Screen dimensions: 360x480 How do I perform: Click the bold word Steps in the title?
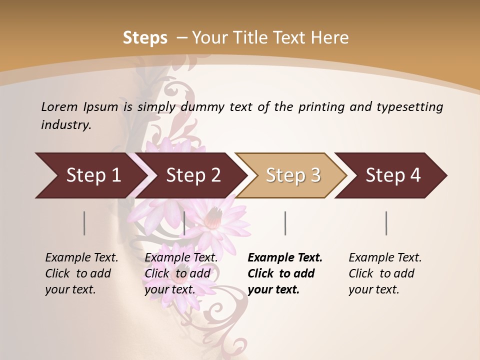(145, 38)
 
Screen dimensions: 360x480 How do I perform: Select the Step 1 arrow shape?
(90, 175)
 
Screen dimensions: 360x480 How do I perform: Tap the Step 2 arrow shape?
(192, 175)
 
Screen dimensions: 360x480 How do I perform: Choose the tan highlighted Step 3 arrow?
(292, 175)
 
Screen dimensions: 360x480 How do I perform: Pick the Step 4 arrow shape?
(392, 175)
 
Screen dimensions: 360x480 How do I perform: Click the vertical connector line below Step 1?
(84, 223)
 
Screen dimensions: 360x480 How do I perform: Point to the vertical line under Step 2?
(184, 223)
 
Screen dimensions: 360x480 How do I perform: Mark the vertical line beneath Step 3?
(285, 223)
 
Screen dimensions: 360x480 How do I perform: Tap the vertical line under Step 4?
(386, 223)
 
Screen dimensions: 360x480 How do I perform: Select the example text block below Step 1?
(81, 273)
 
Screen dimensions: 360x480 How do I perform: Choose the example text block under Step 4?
(385, 273)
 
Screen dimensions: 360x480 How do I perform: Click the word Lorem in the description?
(59, 107)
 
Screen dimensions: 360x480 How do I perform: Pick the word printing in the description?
(319, 107)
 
